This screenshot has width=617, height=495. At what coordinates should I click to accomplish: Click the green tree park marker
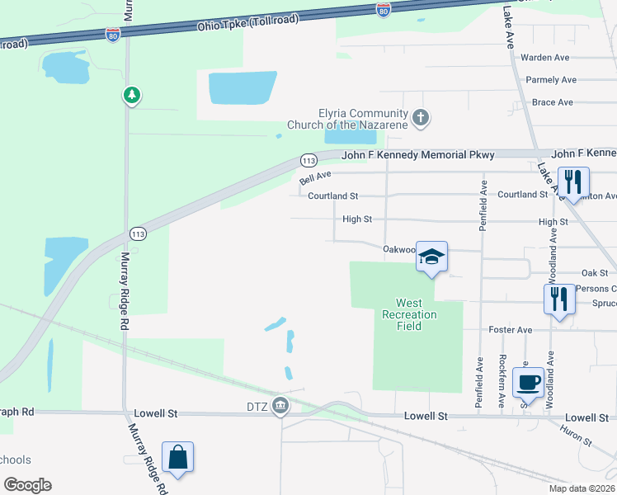click(131, 96)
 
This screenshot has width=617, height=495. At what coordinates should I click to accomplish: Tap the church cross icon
click(421, 118)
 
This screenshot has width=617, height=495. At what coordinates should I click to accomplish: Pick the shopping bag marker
click(178, 456)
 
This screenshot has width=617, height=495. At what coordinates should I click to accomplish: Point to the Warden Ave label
click(545, 58)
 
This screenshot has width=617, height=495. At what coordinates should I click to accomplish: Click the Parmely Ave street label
click(551, 80)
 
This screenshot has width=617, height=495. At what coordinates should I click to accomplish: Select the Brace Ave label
click(553, 102)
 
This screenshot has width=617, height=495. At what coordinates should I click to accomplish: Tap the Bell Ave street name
click(315, 177)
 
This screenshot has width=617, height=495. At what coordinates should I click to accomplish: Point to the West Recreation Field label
click(409, 314)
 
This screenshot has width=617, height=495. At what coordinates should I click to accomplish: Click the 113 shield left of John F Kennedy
click(308, 159)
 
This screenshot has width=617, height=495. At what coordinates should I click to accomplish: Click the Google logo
click(27, 485)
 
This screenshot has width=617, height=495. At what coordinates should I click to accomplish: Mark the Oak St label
click(594, 272)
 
